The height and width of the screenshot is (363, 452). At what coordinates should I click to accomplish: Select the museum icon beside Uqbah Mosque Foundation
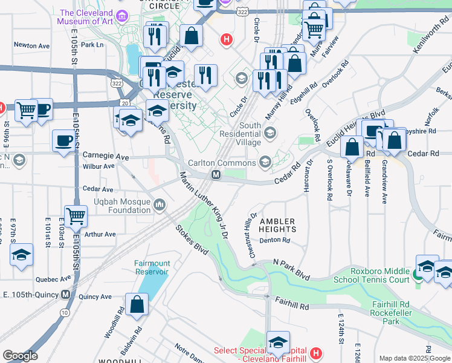click(x=160, y=206)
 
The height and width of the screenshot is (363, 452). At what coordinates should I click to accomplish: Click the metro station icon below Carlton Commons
click(x=215, y=175)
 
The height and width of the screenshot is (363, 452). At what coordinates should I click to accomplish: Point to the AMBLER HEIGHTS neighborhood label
click(x=277, y=225)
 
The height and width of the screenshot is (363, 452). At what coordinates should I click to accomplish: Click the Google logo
click(x=20, y=355)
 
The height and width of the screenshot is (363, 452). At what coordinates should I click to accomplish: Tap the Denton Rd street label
click(x=275, y=240)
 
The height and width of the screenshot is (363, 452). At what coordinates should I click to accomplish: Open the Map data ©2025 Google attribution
click(x=414, y=358)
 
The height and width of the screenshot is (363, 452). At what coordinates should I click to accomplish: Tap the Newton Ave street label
click(x=31, y=45)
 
